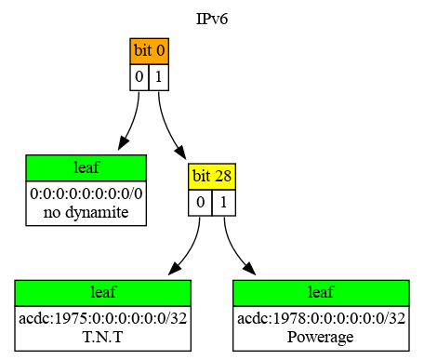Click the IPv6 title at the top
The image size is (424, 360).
212,18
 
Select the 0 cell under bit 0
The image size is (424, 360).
139,76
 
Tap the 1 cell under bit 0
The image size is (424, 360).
159,76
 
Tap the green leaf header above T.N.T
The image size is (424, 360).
103,293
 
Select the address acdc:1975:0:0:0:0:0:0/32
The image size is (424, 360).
103,319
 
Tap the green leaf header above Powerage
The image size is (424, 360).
321,293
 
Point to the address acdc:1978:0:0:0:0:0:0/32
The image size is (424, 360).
321,319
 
